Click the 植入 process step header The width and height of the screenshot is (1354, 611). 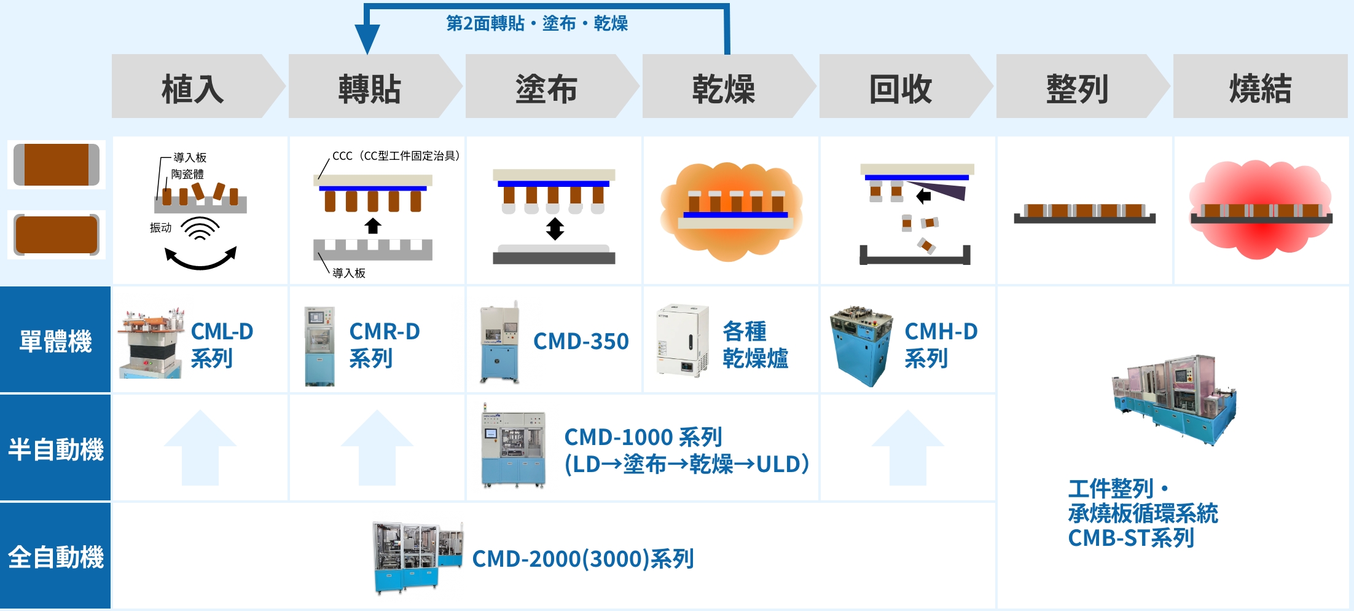pyautogui.click(x=192, y=87)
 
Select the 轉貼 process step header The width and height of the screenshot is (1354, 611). pyautogui.click(x=369, y=87)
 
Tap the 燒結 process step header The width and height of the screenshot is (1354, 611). pyautogui.click(x=1260, y=87)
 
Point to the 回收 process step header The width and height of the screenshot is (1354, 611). pyautogui.click(x=900, y=87)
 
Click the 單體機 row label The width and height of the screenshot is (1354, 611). pyautogui.click(x=55, y=341)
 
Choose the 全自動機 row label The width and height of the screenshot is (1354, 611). pyautogui.click(x=55, y=557)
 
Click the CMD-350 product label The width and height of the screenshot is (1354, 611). pyautogui.click(x=581, y=341)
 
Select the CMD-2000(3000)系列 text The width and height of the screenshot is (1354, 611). pyautogui.click(x=582, y=559)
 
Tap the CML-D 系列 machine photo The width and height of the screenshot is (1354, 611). pyautogui.click(x=151, y=343)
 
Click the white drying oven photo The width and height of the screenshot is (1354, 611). pyautogui.click(x=683, y=339)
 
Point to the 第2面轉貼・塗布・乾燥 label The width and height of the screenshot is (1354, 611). pyautogui.click(x=536, y=23)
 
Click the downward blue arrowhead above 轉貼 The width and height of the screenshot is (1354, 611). pyautogui.click(x=367, y=40)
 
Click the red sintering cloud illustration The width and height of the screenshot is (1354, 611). pyautogui.click(x=1260, y=209)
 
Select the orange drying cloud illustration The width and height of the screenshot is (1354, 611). pyautogui.click(x=731, y=210)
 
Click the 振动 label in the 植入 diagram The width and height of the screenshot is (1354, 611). pyautogui.click(x=160, y=228)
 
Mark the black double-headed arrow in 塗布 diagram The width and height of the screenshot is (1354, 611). pyautogui.click(x=555, y=229)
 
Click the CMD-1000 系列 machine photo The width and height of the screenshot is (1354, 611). pyautogui.click(x=514, y=446)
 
